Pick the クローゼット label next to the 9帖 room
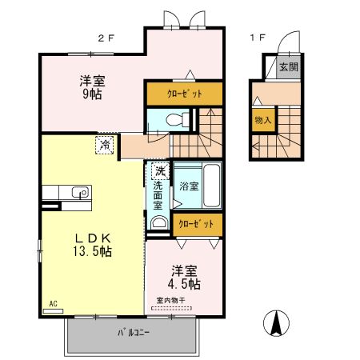184,94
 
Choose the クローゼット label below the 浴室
195,225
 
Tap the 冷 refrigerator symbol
105,145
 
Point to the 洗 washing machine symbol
160,170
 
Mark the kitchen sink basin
80,192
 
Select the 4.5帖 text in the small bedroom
183,283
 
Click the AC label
53,304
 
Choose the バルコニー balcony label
133,331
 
